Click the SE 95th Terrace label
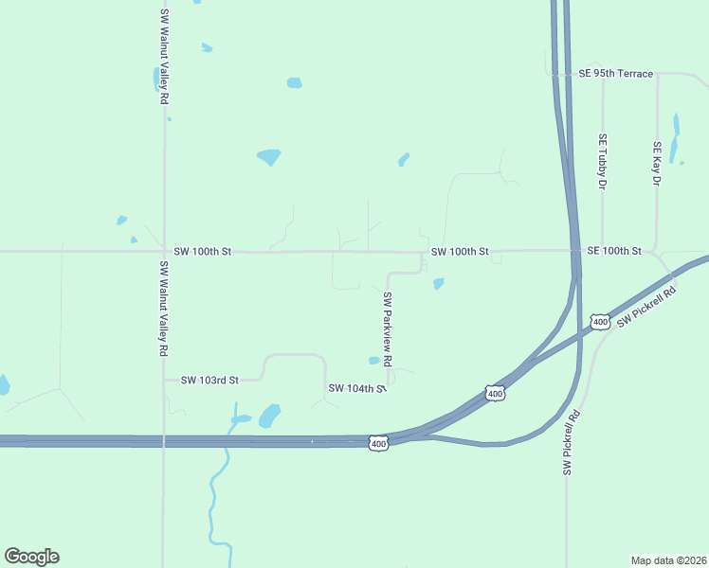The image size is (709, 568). click(x=615, y=73)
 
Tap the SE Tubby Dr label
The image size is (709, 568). click(x=602, y=161)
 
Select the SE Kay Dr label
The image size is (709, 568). click(x=656, y=164)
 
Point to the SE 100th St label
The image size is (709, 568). click(x=614, y=251)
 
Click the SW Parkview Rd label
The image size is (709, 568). click(x=387, y=328)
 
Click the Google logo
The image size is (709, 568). click(x=31, y=557)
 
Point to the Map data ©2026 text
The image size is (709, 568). click(x=668, y=559)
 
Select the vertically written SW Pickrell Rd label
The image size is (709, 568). click(x=572, y=441)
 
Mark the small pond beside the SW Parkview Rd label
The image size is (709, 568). click(x=373, y=360)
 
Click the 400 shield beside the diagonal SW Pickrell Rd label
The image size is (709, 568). click(x=599, y=322)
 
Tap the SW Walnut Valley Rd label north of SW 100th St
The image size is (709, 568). click(x=164, y=57)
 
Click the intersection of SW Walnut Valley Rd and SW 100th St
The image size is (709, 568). click(x=164, y=252)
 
